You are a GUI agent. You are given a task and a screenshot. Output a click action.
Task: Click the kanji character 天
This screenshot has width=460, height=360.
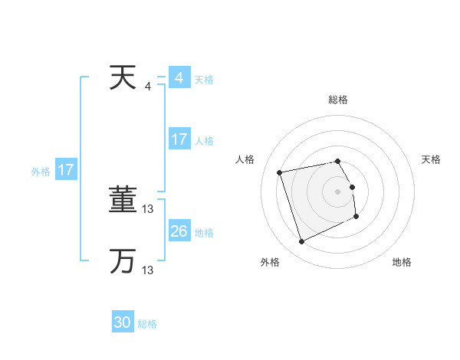[x=123, y=79]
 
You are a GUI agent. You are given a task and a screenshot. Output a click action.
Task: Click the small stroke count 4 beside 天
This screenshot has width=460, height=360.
[x=148, y=87]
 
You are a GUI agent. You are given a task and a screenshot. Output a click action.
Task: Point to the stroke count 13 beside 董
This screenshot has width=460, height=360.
[x=149, y=209]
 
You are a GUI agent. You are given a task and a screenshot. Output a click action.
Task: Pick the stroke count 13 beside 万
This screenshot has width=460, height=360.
[x=149, y=270]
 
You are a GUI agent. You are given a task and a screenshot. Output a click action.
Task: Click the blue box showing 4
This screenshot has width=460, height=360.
[x=179, y=78]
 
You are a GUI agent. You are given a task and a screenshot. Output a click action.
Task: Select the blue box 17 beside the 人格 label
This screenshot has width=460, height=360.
[x=179, y=139]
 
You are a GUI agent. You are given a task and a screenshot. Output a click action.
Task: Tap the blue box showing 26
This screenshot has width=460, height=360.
[x=179, y=231]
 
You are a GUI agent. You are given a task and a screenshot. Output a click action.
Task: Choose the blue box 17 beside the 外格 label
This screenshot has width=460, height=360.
[x=66, y=170]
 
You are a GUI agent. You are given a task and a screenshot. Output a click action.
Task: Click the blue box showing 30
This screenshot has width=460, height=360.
[x=123, y=322]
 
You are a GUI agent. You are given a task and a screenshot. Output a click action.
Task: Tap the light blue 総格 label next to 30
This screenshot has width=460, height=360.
[x=148, y=324]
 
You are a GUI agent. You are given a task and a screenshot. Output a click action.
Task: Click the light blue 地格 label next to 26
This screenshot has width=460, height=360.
[x=204, y=233]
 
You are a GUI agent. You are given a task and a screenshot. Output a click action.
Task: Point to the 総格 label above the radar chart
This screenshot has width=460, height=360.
[x=338, y=100]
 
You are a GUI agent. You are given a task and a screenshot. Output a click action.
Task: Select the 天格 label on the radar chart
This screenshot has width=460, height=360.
[x=431, y=159]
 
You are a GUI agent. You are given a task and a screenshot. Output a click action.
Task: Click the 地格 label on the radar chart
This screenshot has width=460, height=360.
[x=402, y=263]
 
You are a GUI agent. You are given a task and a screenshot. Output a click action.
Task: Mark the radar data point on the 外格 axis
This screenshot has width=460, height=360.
[x=301, y=242]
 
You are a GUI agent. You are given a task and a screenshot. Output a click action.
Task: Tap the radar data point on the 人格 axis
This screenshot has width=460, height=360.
[x=280, y=172]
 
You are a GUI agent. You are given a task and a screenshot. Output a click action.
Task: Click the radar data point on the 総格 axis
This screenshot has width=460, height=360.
[x=338, y=161]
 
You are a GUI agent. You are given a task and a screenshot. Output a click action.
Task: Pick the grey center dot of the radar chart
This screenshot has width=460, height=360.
[x=338, y=191]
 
